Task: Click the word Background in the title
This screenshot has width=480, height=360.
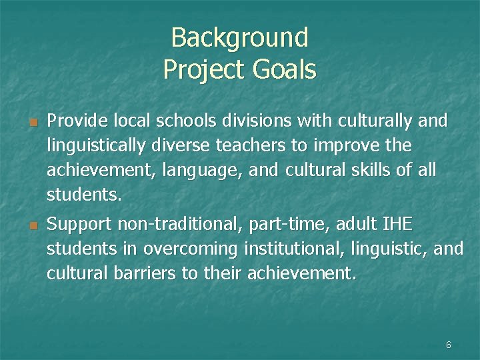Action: pos(239,38)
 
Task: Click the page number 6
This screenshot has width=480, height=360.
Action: pos(448,345)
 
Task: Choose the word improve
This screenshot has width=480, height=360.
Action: pos(359,145)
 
